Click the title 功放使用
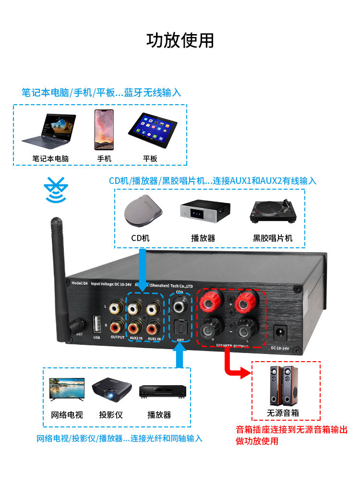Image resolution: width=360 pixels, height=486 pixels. click(x=180, y=40)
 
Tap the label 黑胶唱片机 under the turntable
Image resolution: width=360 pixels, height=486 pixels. click(x=272, y=238)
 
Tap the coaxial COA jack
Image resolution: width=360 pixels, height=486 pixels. click(x=180, y=303)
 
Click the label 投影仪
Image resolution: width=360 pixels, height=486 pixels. click(x=111, y=414)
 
